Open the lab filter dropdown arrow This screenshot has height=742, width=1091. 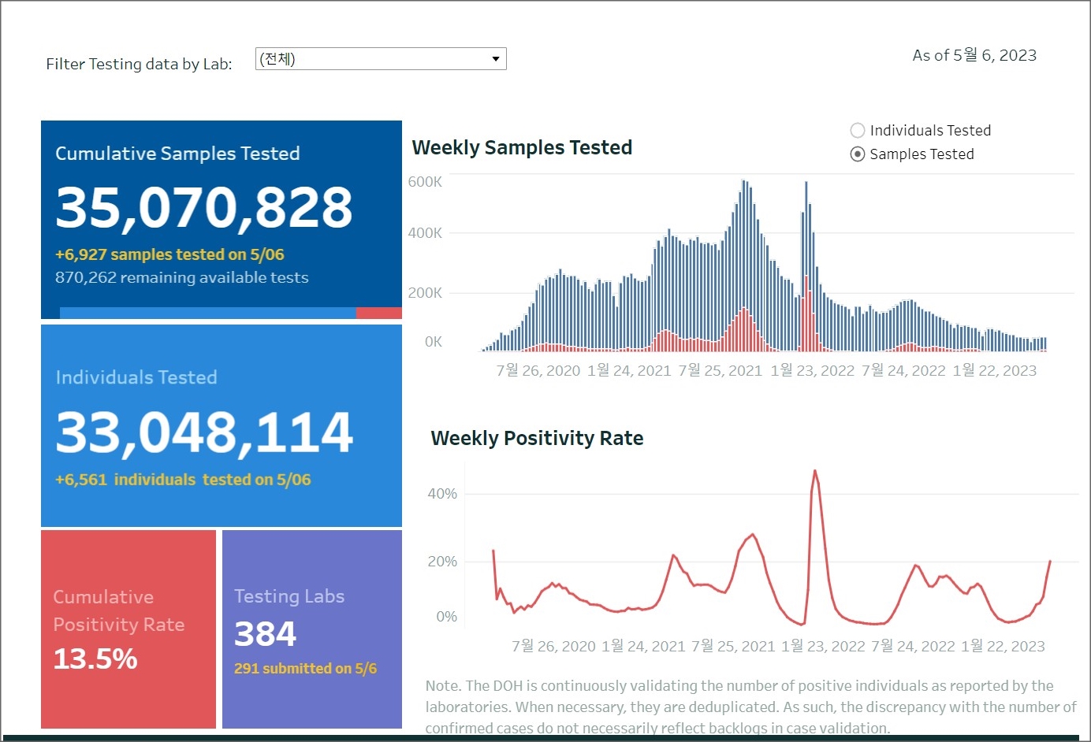point(495,59)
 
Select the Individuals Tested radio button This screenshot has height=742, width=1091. point(858,131)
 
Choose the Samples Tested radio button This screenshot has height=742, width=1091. point(858,154)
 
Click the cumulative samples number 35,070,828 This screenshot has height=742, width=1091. point(204,208)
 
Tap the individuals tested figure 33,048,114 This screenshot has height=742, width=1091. point(204,432)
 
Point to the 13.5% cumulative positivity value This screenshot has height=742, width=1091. point(95,659)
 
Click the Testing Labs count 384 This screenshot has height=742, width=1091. point(266,633)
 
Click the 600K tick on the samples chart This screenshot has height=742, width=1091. point(425,182)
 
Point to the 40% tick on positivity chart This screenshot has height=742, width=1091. point(441,494)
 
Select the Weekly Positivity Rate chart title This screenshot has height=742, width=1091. point(537,438)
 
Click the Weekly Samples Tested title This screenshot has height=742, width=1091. point(522,147)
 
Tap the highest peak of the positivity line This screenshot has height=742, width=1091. point(814,472)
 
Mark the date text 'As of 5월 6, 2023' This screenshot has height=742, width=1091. point(974,55)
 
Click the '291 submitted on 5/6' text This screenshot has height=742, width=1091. point(305,669)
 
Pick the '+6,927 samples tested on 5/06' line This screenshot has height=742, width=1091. point(169,254)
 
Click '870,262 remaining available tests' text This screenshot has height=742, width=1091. point(181,277)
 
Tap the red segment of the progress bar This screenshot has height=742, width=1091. point(378,313)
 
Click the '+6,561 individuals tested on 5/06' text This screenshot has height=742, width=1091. point(183,480)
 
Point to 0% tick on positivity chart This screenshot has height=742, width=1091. point(446,617)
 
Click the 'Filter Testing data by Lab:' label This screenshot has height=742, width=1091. point(139,64)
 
